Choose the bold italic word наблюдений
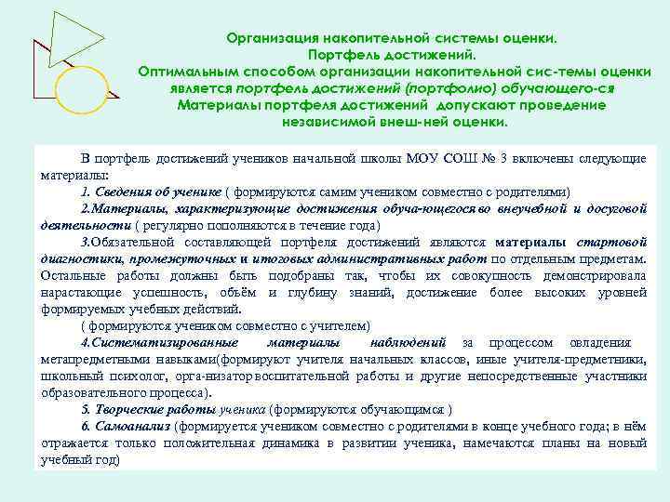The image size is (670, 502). [409, 342]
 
